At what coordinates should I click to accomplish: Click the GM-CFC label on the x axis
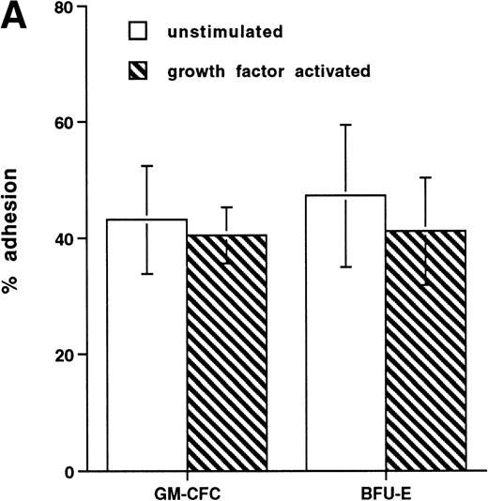[x=186, y=490]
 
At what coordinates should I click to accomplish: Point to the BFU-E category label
[x=385, y=490]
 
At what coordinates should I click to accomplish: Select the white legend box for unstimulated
[x=137, y=31]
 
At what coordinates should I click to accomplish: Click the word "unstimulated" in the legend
[x=214, y=31]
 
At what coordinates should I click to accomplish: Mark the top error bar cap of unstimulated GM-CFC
[x=146, y=166]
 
